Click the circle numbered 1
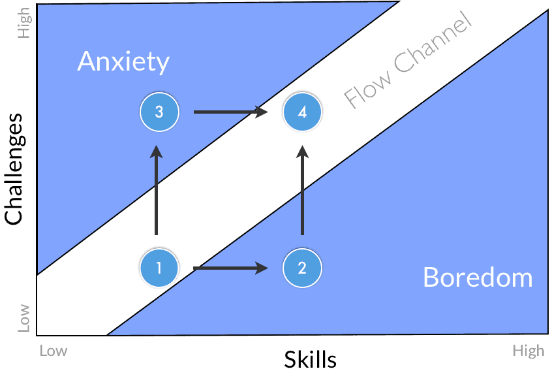point(159,268)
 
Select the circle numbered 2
point(302,268)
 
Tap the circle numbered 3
point(159,112)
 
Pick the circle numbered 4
point(302,112)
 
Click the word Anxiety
point(123,62)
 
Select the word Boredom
point(478,278)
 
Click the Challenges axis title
point(14,169)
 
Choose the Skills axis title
point(310,359)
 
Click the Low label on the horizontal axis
point(53,351)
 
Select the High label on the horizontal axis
point(528,351)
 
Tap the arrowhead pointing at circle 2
point(262,268)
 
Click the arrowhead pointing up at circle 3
point(156,152)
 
